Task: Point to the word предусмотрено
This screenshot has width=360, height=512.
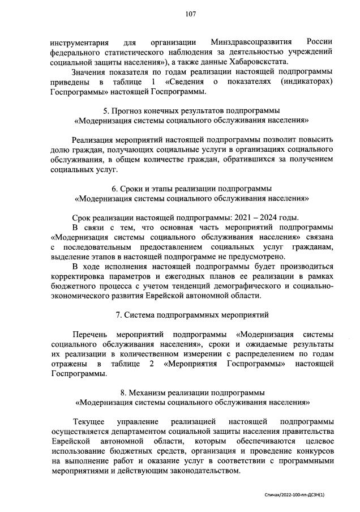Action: (258, 257)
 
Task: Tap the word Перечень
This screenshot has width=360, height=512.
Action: (90, 334)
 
